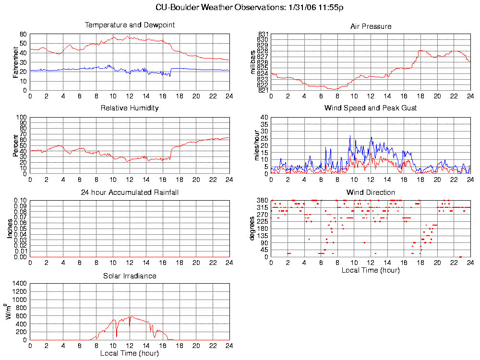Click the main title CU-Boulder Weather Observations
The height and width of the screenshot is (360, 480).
point(250,8)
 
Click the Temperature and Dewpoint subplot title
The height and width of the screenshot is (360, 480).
point(130,25)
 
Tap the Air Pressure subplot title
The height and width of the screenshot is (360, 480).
point(371,26)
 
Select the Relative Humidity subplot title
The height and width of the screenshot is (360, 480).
point(130,108)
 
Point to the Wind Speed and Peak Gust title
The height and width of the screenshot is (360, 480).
point(371,108)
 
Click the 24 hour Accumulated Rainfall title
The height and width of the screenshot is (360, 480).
point(130,192)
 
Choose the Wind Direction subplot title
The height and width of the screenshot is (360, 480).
point(371,192)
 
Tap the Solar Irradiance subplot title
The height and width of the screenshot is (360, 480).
point(130,276)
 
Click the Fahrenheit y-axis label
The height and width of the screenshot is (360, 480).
point(16,62)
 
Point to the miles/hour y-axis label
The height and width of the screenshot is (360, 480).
point(257,145)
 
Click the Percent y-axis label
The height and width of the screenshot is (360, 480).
point(16,145)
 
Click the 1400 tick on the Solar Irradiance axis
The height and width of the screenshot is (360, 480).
point(20,284)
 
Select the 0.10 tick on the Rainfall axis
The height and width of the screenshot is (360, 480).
point(20,200)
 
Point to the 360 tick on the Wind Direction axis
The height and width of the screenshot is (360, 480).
point(263,200)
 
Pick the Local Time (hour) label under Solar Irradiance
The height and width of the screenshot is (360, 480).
point(130,354)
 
